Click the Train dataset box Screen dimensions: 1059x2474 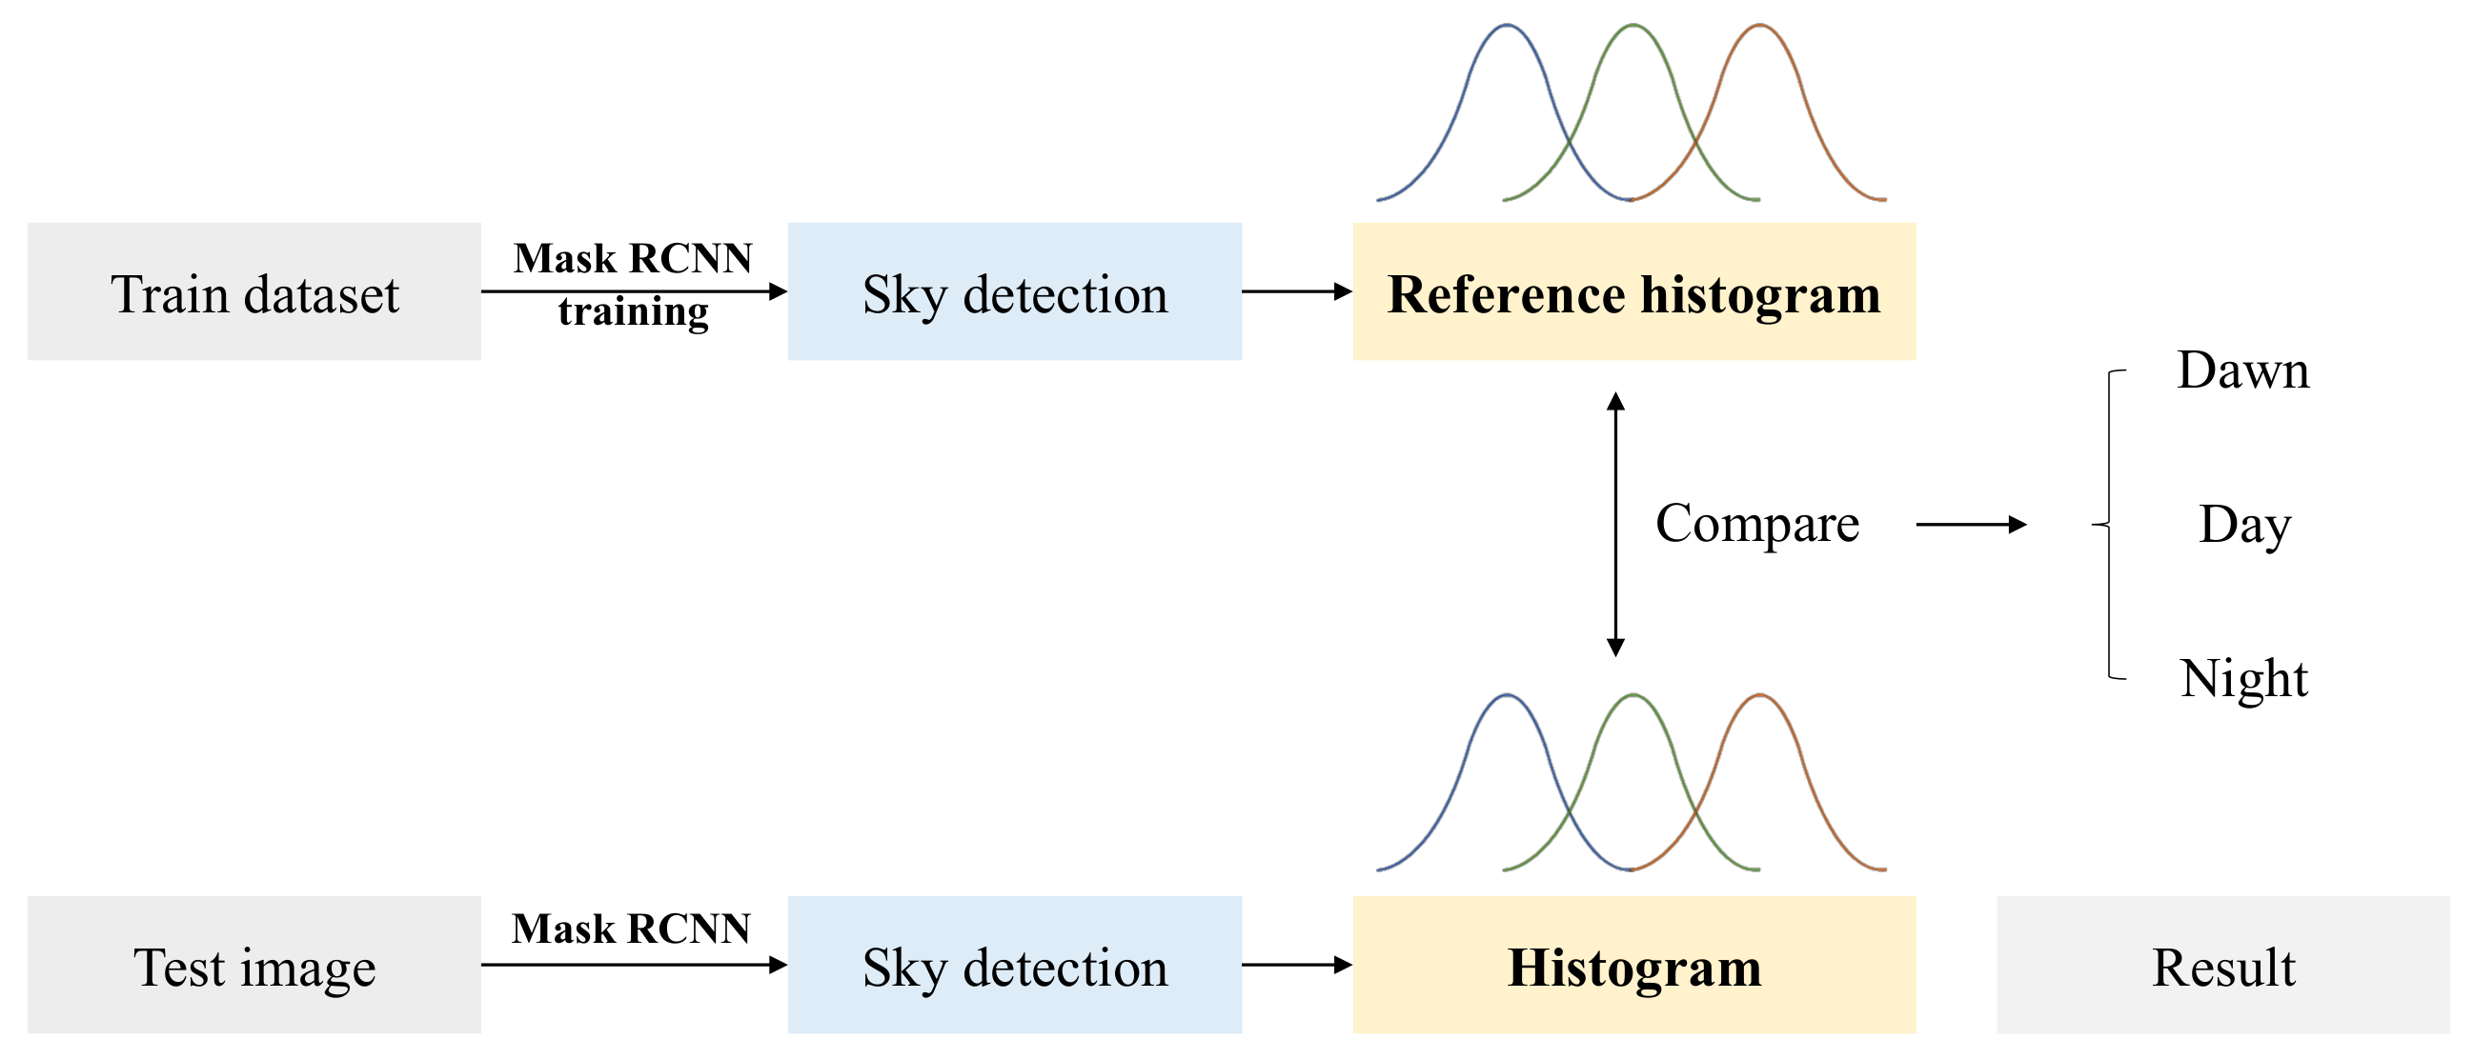[253, 291]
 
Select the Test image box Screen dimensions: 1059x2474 [253, 965]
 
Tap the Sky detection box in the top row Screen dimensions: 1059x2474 [1014, 291]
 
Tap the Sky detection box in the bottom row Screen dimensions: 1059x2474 [1014, 965]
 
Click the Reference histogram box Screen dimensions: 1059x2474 [1633, 291]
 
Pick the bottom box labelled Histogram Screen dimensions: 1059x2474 [1633, 965]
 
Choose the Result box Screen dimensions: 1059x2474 [2222, 965]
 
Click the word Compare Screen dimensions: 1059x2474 [1756, 524]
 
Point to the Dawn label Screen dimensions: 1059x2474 [2242, 370]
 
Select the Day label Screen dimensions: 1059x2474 [2244, 525]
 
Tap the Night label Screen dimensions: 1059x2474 [2243, 679]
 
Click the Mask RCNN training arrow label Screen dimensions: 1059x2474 [633, 283]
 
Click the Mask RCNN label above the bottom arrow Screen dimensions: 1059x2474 [631, 929]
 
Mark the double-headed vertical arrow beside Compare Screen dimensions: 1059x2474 [1615, 524]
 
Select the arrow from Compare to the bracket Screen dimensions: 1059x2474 [1971, 524]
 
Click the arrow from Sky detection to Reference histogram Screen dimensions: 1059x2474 [1296, 291]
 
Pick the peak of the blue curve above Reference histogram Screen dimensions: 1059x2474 [1506, 26]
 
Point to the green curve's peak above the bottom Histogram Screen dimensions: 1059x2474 [1632, 696]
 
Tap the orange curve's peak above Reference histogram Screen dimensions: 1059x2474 [1759, 26]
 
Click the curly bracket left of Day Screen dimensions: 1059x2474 [2109, 524]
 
